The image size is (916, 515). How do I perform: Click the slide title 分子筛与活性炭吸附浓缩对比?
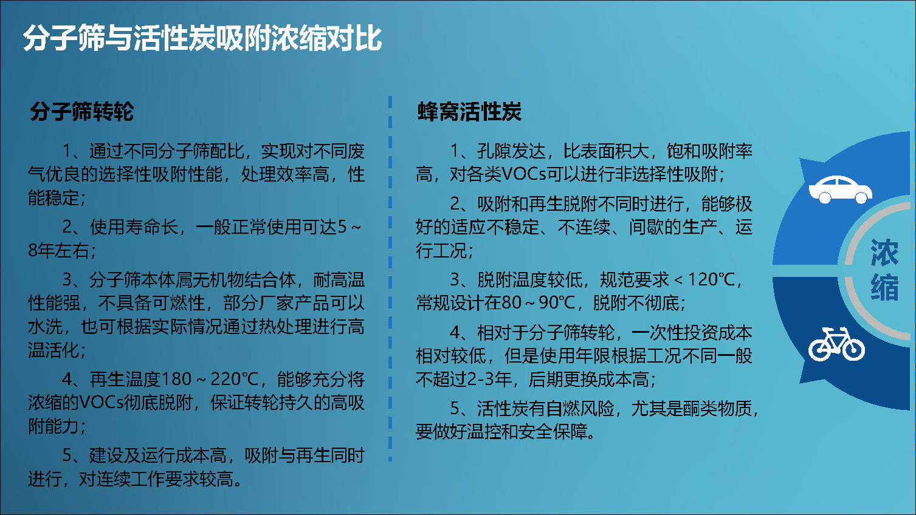point(202,38)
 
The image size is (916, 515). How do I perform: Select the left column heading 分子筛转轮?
point(82,111)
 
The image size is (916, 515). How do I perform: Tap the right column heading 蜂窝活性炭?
point(469,111)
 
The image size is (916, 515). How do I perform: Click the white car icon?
point(841,189)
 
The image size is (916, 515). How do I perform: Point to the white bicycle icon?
point(836,344)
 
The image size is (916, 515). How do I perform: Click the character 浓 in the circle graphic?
point(884,253)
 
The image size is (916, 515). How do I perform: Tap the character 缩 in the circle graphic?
point(884,287)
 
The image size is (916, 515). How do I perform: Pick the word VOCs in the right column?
point(524,174)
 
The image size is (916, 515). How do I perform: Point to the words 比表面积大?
point(606,151)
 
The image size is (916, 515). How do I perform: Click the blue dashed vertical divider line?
point(390,279)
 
